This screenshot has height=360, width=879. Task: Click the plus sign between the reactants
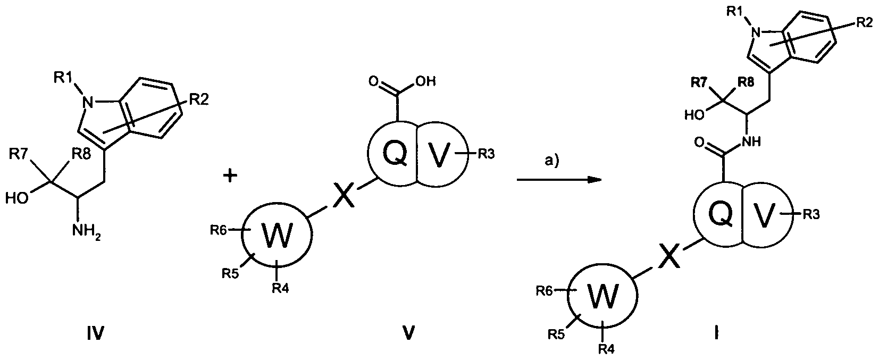tap(230, 177)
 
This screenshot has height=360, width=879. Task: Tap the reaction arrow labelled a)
tap(558, 180)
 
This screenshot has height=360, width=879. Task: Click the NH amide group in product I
tap(754, 142)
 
